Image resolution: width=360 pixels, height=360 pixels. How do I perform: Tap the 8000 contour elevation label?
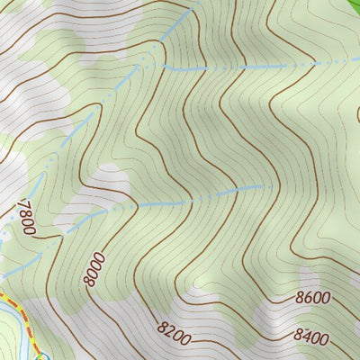[x=94, y=269]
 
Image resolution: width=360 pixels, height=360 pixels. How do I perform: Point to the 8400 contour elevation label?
[x=311, y=337]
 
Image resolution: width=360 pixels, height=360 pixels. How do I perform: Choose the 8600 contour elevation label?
[x=312, y=298]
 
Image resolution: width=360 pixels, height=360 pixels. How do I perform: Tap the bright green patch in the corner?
[x=349, y=4]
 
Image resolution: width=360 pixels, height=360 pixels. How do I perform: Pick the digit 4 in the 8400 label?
[x=306, y=337]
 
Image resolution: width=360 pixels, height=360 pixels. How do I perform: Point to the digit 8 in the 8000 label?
[x=99, y=257]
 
